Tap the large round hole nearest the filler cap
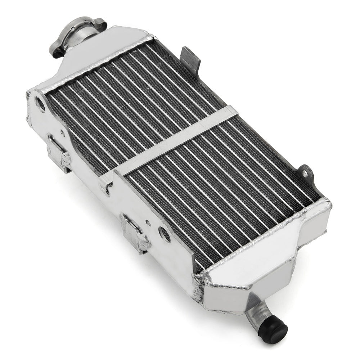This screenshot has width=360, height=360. tap(41, 104)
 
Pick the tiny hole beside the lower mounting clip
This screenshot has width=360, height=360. tap(147, 223)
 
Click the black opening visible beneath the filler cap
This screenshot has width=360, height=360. tap(58, 54)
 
